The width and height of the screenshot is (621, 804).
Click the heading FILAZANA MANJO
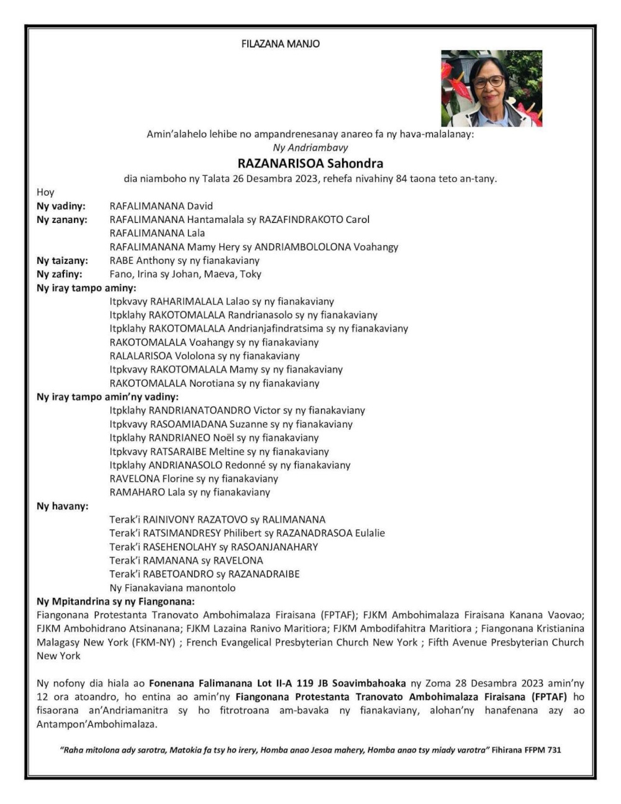(281, 44)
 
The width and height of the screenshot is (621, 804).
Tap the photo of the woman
(491, 88)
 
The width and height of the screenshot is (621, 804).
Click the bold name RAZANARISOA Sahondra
(310, 164)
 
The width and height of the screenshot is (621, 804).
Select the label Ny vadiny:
(61, 206)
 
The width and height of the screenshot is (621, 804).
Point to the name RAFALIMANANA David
(161, 206)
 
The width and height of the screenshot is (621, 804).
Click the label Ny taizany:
(62, 261)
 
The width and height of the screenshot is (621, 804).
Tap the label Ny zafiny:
(60, 274)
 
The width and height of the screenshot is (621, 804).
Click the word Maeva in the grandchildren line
(213, 274)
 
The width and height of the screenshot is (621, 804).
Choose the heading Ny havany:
(62, 507)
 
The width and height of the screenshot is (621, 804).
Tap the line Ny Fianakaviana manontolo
(173, 588)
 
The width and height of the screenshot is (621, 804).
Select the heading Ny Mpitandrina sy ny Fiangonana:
(116, 602)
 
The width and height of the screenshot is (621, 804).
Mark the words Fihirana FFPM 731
(527, 750)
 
